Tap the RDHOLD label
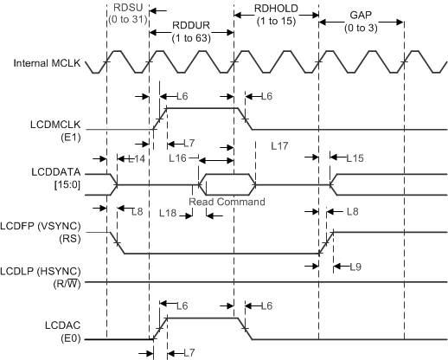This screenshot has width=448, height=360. (275, 9)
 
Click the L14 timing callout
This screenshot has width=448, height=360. (136, 159)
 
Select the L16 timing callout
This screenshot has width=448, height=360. (178, 159)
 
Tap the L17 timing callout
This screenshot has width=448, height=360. (278, 146)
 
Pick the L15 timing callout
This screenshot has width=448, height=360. (355, 159)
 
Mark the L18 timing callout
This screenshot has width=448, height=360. (168, 211)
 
